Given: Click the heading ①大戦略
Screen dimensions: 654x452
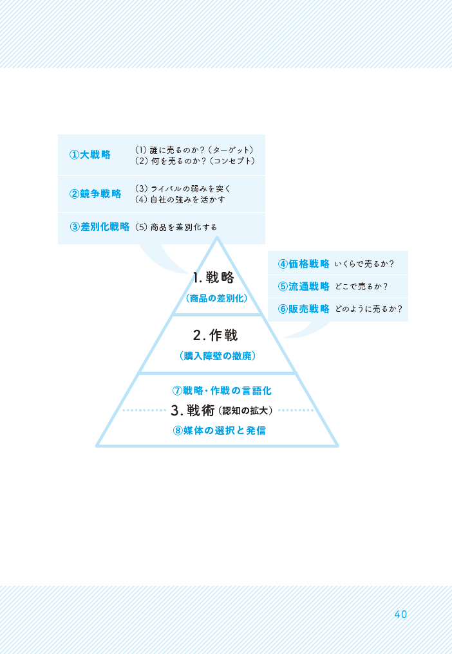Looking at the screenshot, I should [x=90, y=155].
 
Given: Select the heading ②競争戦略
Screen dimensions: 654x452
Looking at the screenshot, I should [x=95, y=194].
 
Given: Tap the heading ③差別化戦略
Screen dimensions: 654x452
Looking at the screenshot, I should [x=100, y=227].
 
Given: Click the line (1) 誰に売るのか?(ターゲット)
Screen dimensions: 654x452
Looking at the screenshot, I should [x=194, y=150].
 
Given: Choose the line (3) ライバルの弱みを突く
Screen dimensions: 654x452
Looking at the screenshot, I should [x=183, y=189].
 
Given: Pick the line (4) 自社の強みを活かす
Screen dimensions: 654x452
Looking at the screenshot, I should [x=180, y=200].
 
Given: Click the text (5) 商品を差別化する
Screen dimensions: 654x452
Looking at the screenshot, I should [x=176, y=227].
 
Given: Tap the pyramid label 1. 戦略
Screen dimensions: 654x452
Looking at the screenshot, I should [x=213, y=278].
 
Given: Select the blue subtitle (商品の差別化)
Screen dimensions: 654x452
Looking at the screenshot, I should [x=216, y=298].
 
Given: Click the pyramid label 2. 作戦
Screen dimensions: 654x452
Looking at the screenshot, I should [x=216, y=335].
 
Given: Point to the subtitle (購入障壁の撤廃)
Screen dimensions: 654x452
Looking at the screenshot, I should [x=217, y=355].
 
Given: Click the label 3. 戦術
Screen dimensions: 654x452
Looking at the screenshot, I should [x=194, y=410].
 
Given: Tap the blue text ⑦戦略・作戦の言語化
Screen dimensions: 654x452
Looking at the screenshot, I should [x=217, y=390].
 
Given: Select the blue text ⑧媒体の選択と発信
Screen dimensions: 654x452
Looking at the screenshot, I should [x=219, y=430].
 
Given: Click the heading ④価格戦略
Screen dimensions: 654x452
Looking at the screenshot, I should [x=304, y=264].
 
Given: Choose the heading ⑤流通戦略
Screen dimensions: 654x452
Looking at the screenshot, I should [x=304, y=286].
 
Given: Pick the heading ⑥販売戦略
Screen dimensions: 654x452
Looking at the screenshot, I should [x=304, y=309].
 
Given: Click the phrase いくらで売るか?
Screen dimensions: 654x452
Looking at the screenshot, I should [x=364, y=264].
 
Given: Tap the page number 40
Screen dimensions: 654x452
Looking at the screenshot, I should [x=400, y=614].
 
